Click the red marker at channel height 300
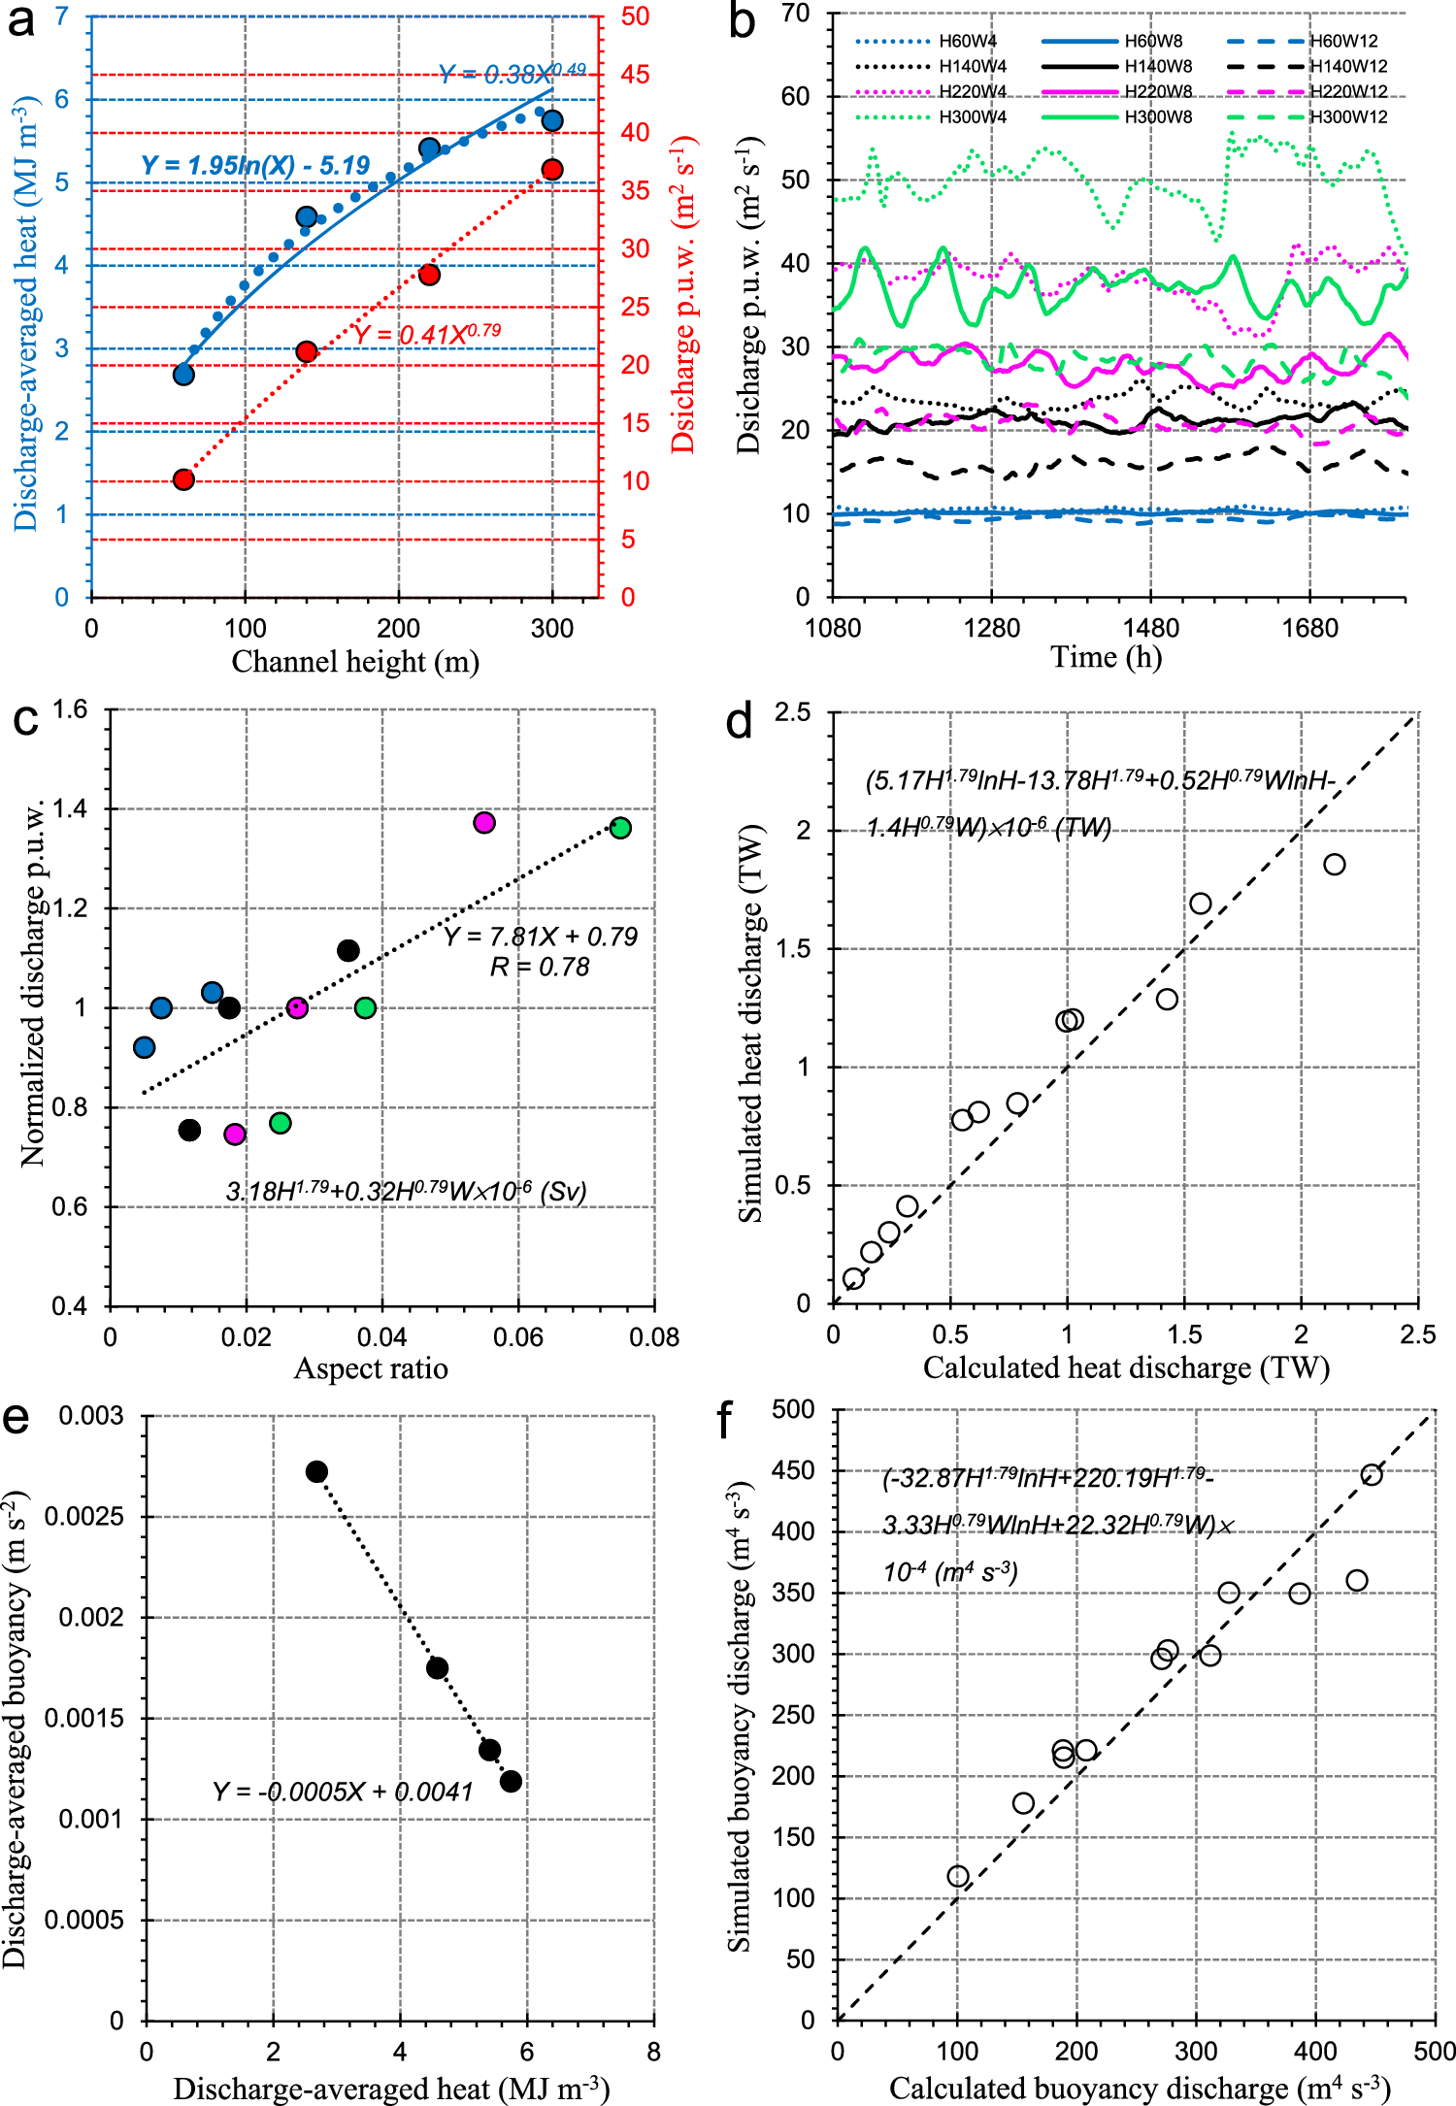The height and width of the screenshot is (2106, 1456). point(552,170)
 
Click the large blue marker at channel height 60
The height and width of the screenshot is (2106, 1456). point(183,375)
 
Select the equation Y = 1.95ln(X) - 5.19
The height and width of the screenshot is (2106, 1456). point(255,165)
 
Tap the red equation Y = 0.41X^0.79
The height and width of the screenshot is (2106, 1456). point(427,334)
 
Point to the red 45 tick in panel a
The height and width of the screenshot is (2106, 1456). point(635,75)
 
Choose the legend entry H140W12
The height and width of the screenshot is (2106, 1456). point(1348,66)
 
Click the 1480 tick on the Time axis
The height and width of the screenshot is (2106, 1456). point(1150,628)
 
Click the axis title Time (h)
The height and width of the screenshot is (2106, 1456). point(1106,657)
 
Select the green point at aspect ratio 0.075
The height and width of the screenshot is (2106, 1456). point(620,828)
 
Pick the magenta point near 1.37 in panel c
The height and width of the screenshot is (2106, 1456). point(484,823)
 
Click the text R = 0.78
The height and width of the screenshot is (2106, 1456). point(540,967)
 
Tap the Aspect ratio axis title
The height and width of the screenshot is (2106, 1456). point(371,1368)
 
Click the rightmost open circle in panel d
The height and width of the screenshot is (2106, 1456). point(1335,864)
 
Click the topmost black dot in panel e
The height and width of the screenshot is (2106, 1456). point(316,1471)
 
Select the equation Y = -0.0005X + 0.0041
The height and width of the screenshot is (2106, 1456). point(343,1792)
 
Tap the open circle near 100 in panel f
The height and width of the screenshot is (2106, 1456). point(958,1876)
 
